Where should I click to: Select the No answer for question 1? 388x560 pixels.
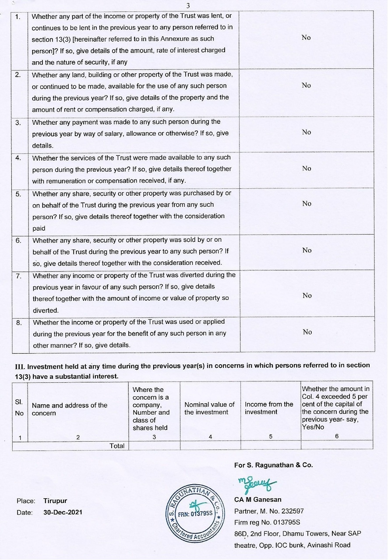pyautogui.click(x=306, y=38)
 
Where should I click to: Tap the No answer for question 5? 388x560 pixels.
pyautogui.click(x=306, y=204)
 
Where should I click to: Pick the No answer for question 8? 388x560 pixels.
pyautogui.click(x=307, y=332)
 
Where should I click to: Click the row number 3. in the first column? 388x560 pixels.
pyautogui.click(x=18, y=123)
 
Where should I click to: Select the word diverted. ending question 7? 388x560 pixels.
pyautogui.click(x=46, y=310)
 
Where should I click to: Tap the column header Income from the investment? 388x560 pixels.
pyautogui.click(x=269, y=408)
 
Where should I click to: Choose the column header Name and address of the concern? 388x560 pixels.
pyautogui.click(x=70, y=409)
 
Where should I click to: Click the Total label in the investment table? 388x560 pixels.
pyautogui.click(x=117, y=446)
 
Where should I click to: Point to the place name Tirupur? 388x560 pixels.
pyautogui.click(x=55, y=501)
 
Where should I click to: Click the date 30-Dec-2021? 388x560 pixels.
pyautogui.click(x=63, y=512)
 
